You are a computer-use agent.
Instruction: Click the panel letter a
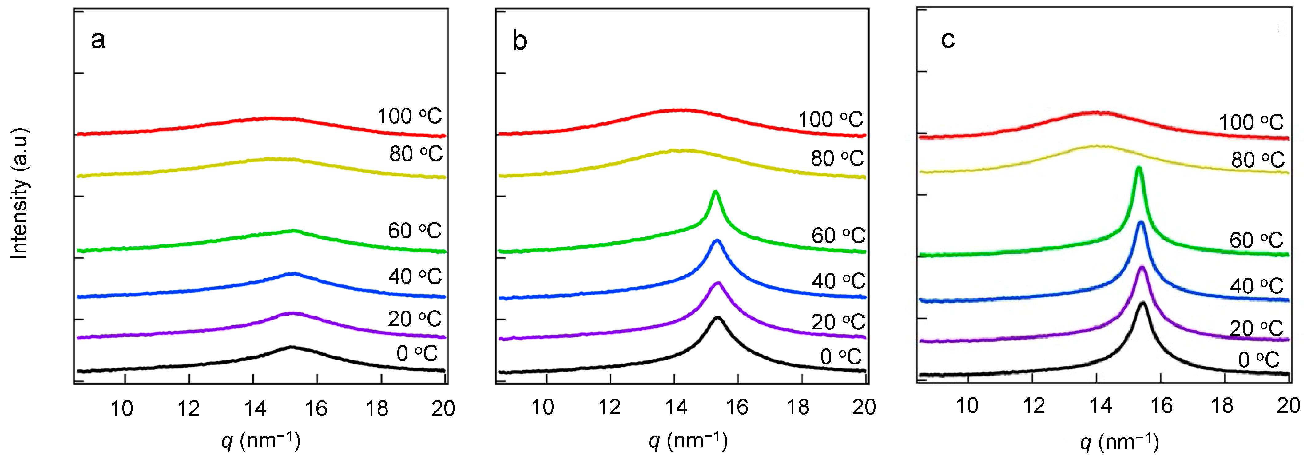point(98,40)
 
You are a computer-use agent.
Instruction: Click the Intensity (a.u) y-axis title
point(19,194)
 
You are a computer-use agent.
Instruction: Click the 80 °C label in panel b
point(837,158)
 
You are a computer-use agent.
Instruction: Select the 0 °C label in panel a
point(417,353)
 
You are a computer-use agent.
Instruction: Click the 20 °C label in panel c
point(1256,328)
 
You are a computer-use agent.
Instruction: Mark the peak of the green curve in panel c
point(1139,168)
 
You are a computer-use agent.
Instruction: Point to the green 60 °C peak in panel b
point(716,192)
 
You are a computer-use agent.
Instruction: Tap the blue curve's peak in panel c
point(1141,222)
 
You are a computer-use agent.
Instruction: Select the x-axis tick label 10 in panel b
point(542,407)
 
